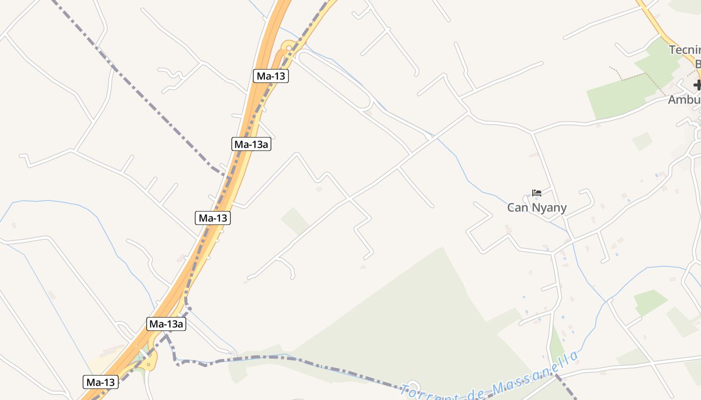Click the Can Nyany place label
coord(537,207)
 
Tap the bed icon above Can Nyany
coord(537,193)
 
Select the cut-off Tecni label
coord(684,50)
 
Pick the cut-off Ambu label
coord(684,99)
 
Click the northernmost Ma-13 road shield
coord(271,76)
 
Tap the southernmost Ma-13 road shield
coord(101,382)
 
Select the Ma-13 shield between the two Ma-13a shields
coord(213,218)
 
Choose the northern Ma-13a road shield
coord(252,144)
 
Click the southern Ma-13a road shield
coord(167,324)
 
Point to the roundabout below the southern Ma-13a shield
coord(149,359)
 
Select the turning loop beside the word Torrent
coord(413,385)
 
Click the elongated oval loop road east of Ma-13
coord(333,80)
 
